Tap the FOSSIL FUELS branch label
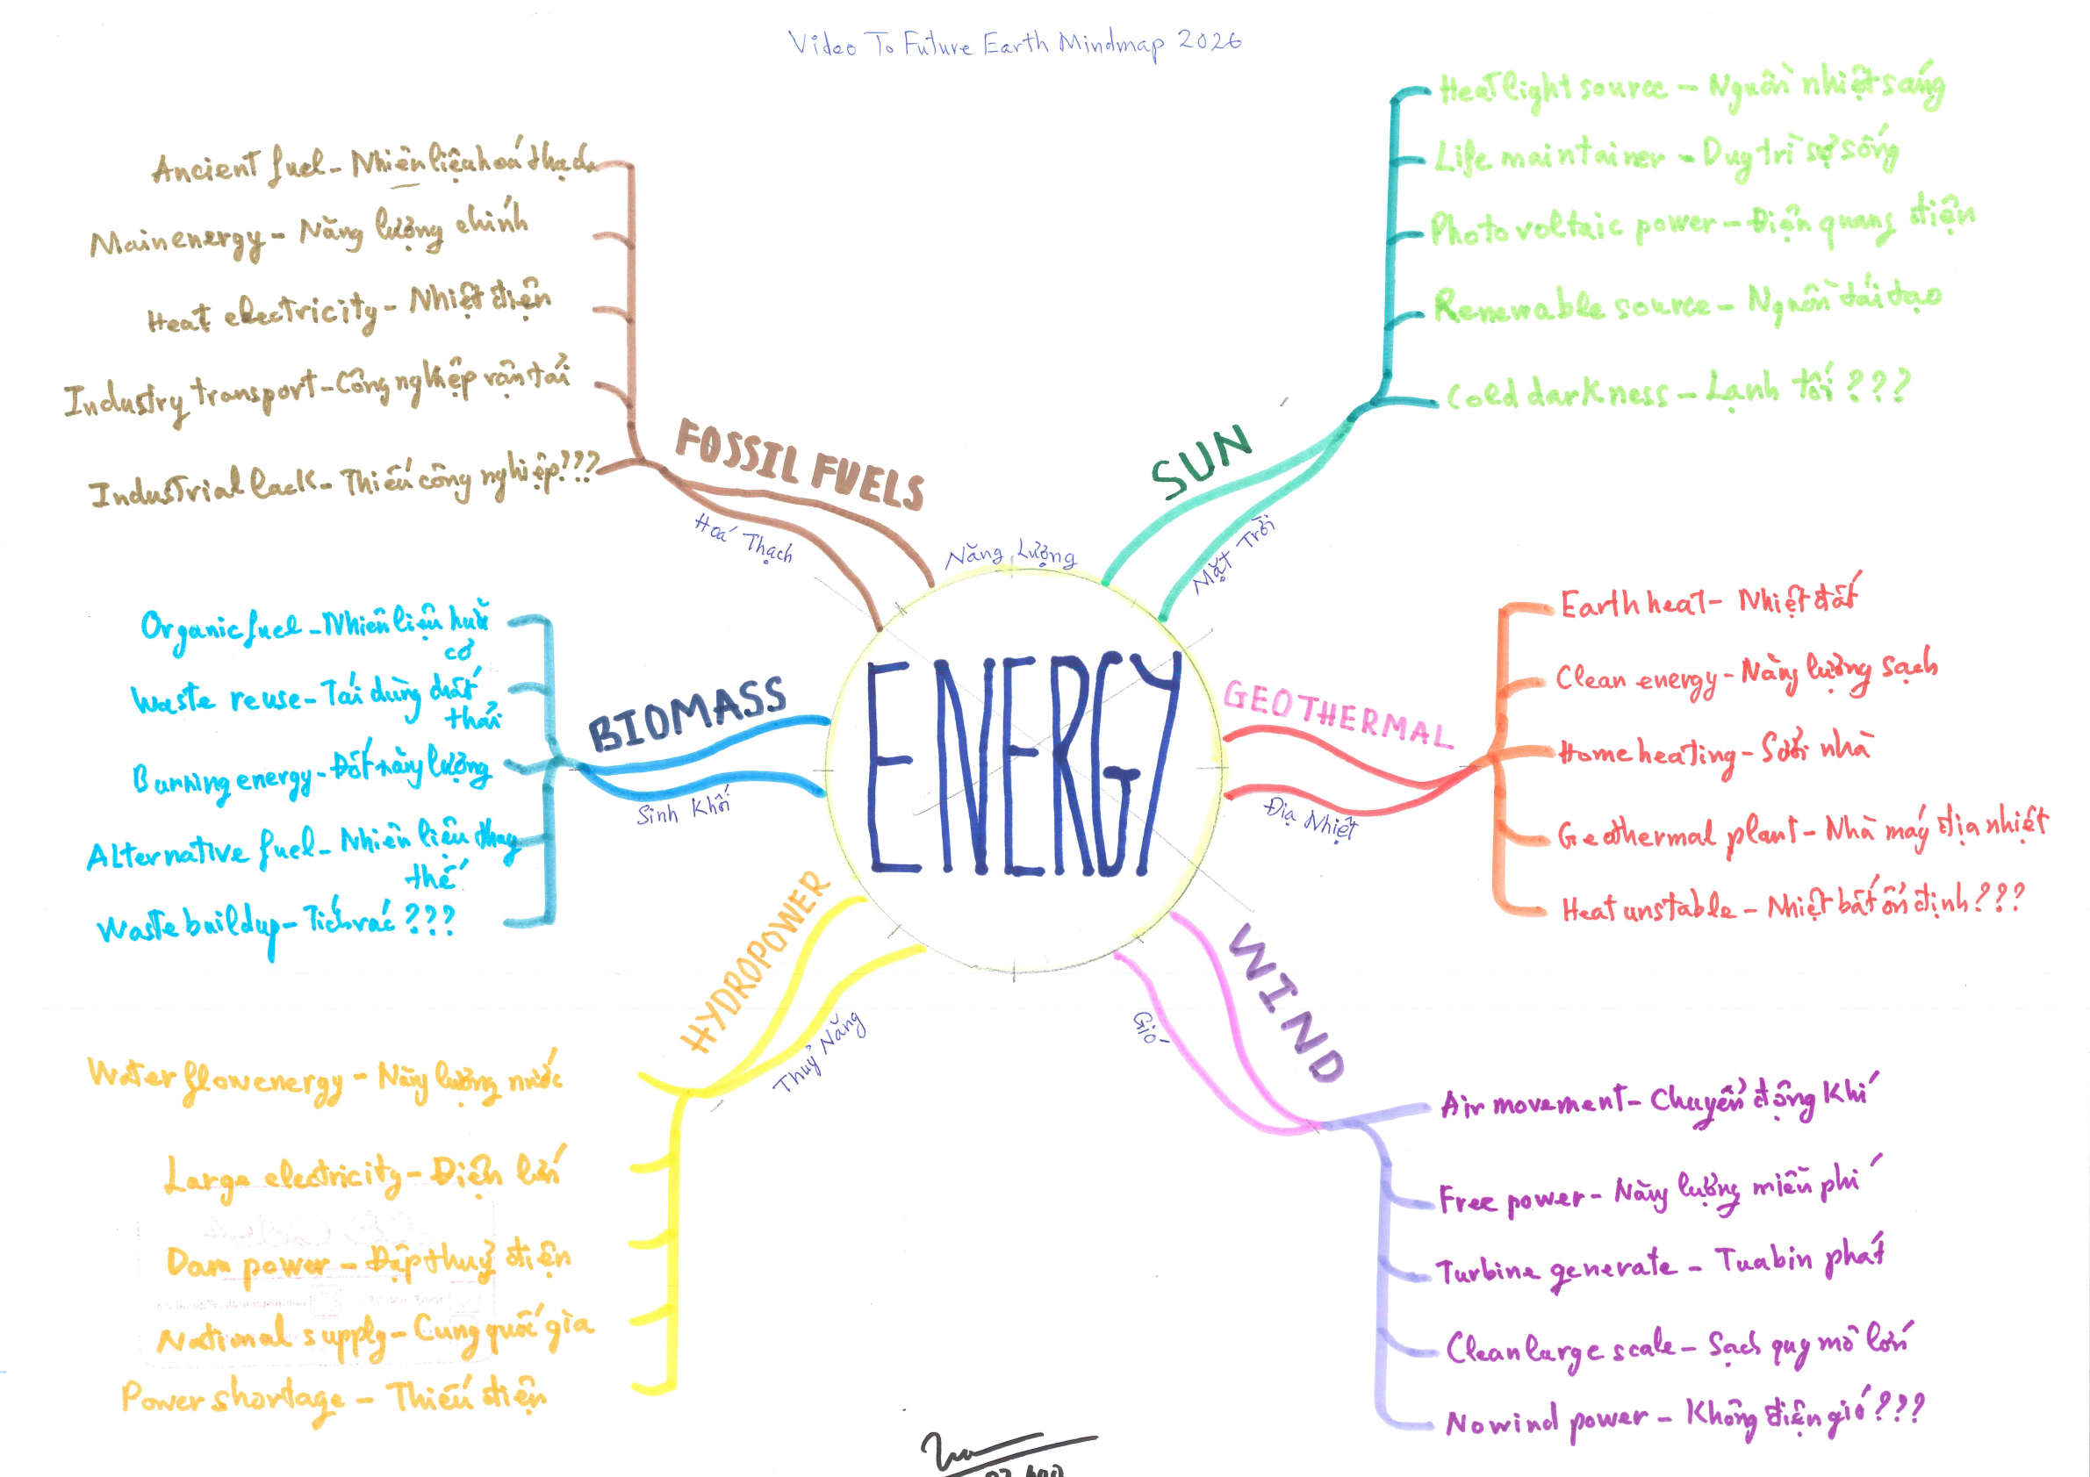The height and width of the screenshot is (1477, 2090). tap(800, 464)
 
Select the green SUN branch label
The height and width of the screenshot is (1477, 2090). tap(1202, 462)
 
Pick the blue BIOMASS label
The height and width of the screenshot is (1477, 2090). tap(686, 713)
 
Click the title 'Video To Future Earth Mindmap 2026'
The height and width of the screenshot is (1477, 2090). tap(1014, 44)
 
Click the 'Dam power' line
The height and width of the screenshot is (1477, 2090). tap(368, 1261)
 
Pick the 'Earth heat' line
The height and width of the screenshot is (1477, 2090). tap(1707, 601)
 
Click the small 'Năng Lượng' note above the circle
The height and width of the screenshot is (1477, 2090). tap(1010, 555)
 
